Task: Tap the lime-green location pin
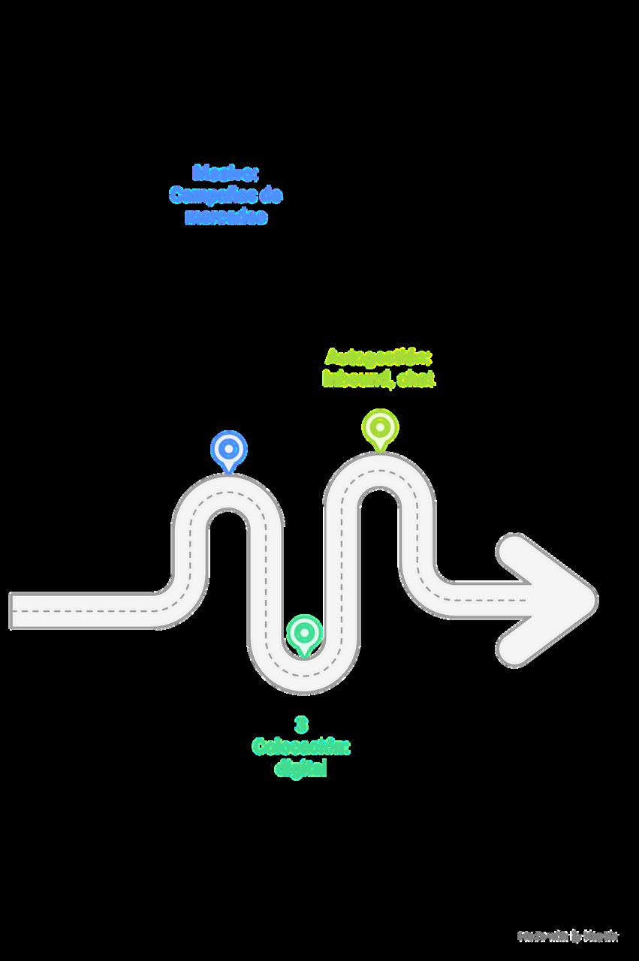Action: pos(380,428)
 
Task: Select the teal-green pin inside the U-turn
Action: pos(303,632)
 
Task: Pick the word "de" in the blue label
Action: pos(270,196)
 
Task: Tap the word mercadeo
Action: pos(225,218)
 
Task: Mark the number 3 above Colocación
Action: pos(301,725)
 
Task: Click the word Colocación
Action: pos(301,747)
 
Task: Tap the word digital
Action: pos(301,770)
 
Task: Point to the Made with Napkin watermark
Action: pos(568,936)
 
